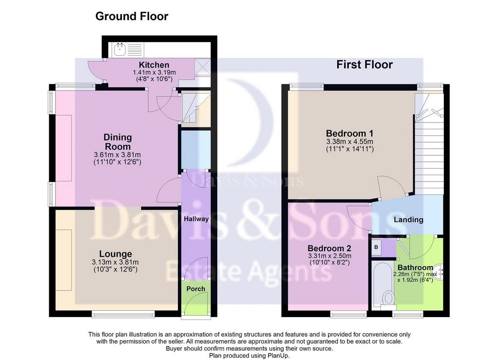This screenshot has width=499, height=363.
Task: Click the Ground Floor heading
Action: click(x=132, y=16)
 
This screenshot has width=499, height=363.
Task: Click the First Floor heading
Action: click(x=365, y=65)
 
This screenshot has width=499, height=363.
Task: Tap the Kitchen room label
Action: click(x=154, y=65)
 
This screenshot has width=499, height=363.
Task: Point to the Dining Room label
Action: click(x=117, y=142)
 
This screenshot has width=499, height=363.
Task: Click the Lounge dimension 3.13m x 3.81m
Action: click(x=115, y=262)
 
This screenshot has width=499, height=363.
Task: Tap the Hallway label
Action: click(x=196, y=219)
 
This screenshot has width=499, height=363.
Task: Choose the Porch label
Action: click(x=196, y=289)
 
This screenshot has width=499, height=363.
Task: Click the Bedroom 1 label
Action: click(x=349, y=134)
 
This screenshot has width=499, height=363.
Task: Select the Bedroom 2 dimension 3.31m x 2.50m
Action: click(x=330, y=256)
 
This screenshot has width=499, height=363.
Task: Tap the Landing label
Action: click(x=408, y=220)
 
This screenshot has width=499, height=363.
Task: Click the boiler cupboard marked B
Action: click(x=377, y=247)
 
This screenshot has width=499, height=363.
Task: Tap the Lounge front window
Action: click(x=123, y=315)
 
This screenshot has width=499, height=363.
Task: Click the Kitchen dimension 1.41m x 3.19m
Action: click(x=154, y=73)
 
